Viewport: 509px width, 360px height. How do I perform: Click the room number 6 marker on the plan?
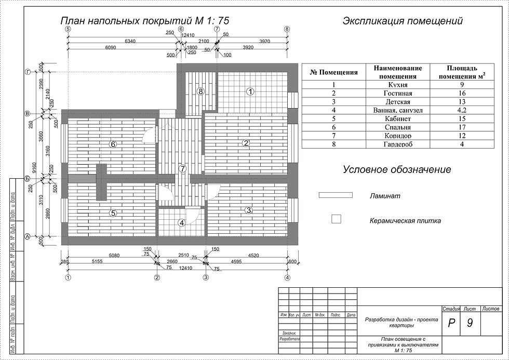(x=113, y=144)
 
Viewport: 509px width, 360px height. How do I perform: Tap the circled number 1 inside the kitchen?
(x=250, y=91)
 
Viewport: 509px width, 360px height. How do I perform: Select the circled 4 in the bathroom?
(x=181, y=223)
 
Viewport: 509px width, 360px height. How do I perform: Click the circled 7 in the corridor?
(x=182, y=168)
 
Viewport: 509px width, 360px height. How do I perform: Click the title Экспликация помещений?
(x=403, y=21)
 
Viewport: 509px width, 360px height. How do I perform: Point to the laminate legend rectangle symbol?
(x=336, y=195)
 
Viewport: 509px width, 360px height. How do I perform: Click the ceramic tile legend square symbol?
(x=336, y=219)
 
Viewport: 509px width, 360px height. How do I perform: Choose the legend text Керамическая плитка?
(x=405, y=221)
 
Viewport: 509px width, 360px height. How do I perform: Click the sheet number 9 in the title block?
(x=470, y=323)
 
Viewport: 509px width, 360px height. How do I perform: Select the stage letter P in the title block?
(x=451, y=323)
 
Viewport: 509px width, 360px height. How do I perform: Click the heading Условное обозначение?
(x=396, y=170)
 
